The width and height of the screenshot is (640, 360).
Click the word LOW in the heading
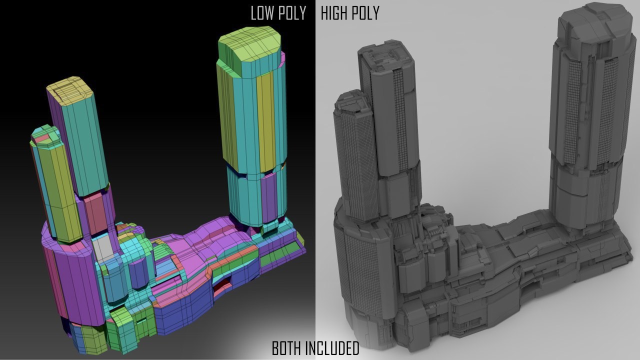pos(262,13)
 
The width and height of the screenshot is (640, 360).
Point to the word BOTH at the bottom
pos(286,348)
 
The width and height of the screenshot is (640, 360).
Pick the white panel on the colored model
pos(102,247)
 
